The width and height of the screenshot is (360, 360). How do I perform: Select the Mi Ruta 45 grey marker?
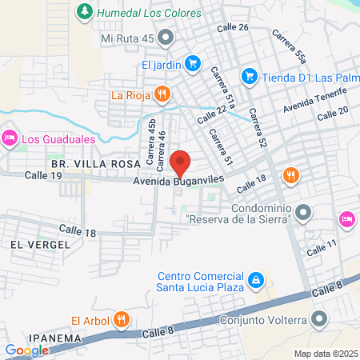pos(166,37)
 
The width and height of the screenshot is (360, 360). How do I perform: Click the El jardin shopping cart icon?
pos(192,62)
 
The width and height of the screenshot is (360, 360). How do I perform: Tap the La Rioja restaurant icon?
pos(162,94)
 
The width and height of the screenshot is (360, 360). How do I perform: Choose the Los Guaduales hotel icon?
pos(10,138)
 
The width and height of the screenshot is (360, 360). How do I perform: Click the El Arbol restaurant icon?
pos(121,320)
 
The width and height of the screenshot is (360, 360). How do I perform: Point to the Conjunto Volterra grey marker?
pos(319,320)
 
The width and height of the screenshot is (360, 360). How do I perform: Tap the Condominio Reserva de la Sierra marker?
pos(302,212)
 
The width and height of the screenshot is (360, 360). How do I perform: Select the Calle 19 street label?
pos(43,175)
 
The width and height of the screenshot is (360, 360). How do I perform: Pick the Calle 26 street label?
pos(233,27)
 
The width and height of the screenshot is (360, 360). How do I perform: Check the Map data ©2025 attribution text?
pos(326,354)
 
